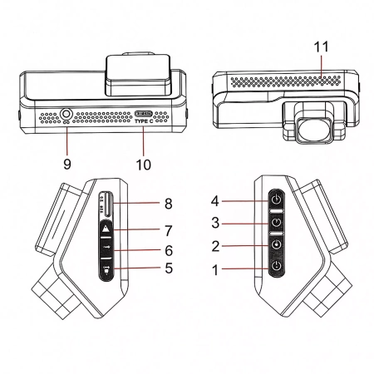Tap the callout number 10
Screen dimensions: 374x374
tap(143, 164)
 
